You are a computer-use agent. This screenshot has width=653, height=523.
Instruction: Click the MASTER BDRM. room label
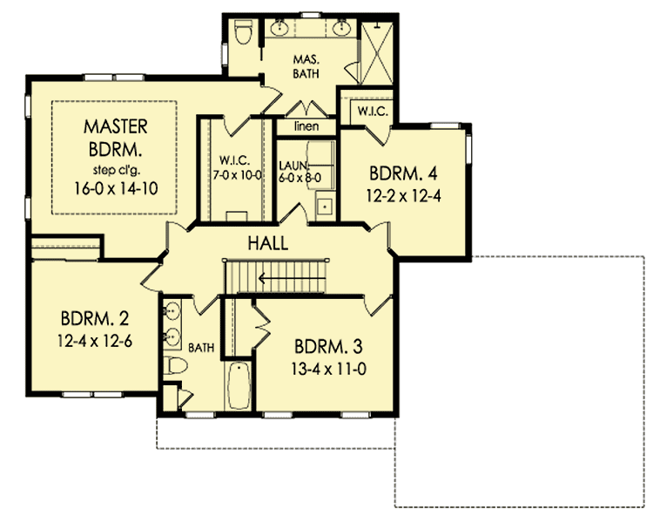[116, 137]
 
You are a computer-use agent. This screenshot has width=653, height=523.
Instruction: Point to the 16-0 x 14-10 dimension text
[116, 187]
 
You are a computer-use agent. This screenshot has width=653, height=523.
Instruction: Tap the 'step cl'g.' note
[116, 168]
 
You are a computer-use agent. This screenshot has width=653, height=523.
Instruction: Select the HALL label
[266, 243]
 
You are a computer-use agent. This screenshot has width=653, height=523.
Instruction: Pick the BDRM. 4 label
[404, 172]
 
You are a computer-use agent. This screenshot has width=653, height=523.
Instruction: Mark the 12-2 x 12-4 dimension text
[404, 195]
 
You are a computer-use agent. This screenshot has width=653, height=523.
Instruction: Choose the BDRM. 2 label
[96, 316]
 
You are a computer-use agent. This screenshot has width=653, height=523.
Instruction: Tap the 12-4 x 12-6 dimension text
[96, 340]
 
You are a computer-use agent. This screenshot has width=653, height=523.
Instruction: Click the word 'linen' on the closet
[304, 127]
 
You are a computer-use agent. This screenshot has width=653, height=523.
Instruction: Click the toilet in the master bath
[243, 34]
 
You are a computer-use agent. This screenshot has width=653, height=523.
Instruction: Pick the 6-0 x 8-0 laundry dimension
[301, 175]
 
